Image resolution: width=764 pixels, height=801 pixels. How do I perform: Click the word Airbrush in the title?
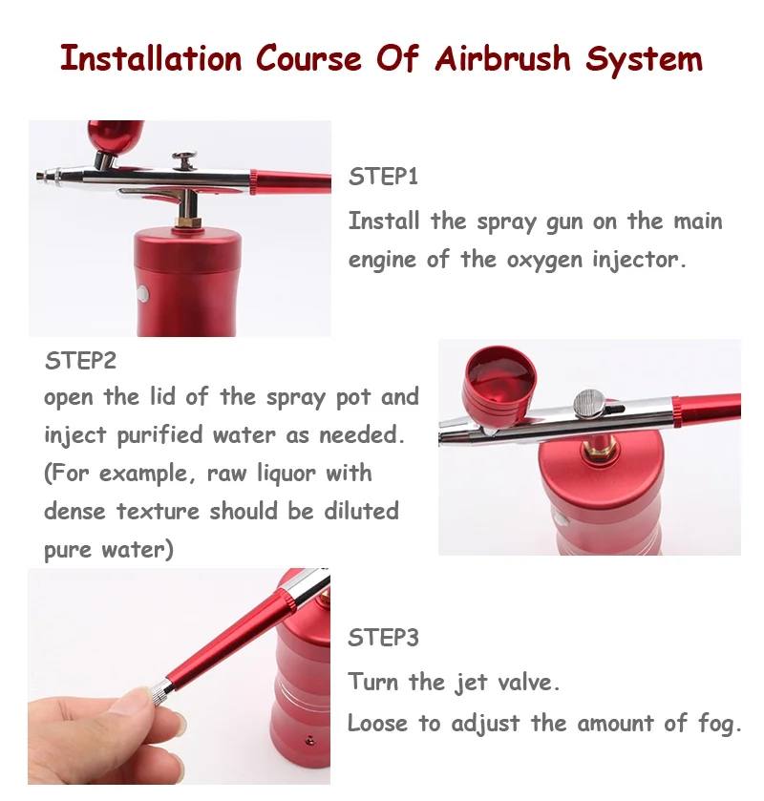pyautogui.click(x=502, y=58)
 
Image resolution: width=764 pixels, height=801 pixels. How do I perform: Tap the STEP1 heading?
pyautogui.click(x=383, y=177)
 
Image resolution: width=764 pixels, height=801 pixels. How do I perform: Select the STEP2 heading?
pyautogui.click(x=80, y=361)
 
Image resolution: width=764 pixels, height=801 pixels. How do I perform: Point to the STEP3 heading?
pyautogui.click(x=383, y=638)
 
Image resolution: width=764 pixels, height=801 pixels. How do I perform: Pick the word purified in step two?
pyautogui.click(x=160, y=435)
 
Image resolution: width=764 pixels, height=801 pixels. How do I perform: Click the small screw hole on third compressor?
pyautogui.click(x=309, y=739)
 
